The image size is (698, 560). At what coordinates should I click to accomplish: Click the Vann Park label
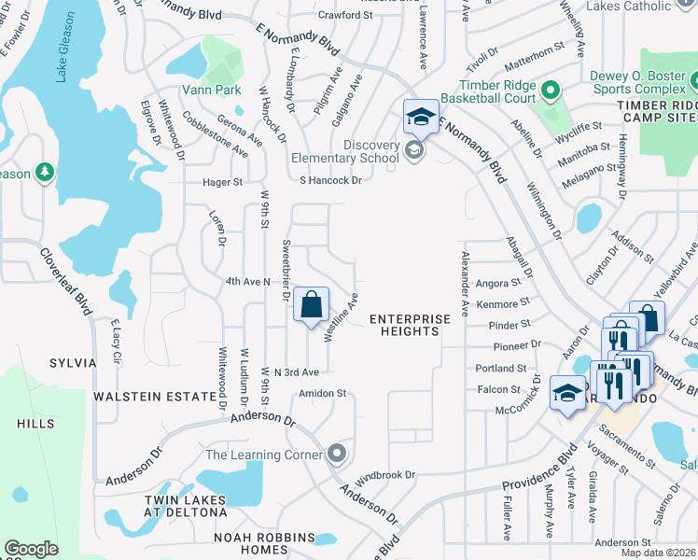coord(212,90)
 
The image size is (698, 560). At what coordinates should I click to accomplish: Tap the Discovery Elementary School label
coord(357,151)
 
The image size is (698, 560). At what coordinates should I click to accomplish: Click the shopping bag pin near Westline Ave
coord(311,304)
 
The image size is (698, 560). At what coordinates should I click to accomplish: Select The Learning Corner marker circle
coord(338,455)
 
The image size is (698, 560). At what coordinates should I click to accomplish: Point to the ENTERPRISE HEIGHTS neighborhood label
coord(410,325)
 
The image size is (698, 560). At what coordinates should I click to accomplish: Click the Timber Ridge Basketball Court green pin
coord(550,91)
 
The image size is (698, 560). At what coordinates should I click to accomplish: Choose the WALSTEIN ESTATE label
coord(155,397)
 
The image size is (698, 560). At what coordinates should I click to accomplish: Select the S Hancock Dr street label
coord(329,180)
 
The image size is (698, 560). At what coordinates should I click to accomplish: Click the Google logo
coord(31,549)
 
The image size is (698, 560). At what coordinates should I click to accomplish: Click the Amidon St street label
coord(322,394)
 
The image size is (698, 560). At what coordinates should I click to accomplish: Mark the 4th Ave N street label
coord(247,281)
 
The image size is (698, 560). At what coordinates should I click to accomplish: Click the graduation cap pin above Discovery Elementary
coord(421,117)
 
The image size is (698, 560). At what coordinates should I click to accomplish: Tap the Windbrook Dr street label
coord(384,475)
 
